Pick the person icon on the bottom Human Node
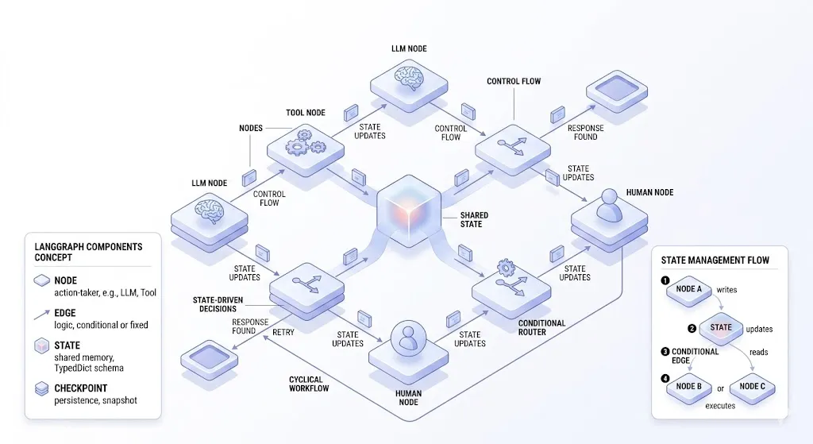(x=406, y=339)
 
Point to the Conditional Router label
(x=542, y=328)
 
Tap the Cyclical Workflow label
(x=309, y=384)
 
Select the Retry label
(x=283, y=332)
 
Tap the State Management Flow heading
(x=715, y=260)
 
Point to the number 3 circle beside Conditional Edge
(x=665, y=351)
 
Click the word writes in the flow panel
(x=726, y=290)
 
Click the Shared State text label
(x=474, y=219)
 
